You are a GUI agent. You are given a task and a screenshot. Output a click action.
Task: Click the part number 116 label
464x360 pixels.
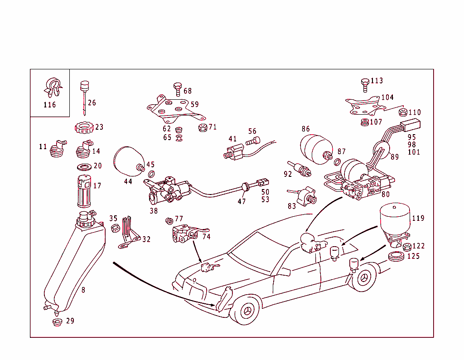tap(49, 105)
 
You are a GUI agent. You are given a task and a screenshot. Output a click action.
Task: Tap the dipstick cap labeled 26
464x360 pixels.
tap(83, 86)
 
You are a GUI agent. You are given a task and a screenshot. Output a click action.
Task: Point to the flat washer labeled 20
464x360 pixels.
tap(84, 166)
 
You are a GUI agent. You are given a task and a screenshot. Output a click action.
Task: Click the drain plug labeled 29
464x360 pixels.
tap(57, 322)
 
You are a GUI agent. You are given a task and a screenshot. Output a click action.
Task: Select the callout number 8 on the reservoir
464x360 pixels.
tap(83, 290)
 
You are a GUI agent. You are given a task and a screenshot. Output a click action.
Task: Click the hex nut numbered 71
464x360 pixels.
tap(203, 127)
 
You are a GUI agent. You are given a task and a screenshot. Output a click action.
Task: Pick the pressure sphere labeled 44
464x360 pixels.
tap(129, 161)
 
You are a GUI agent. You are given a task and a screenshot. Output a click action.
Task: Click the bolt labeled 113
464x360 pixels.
tap(364, 83)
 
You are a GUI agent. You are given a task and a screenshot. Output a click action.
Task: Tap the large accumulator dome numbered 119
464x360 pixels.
tap(394, 218)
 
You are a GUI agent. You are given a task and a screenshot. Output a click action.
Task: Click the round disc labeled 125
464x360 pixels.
tap(397, 258)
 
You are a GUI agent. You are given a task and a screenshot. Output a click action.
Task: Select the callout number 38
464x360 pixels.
tap(154, 210)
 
